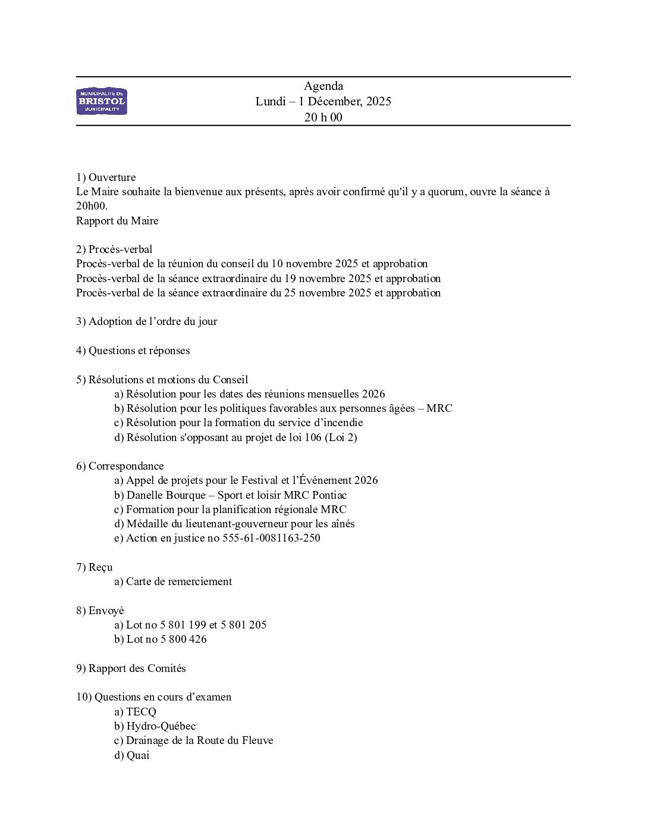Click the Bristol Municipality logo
102,101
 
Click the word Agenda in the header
323,86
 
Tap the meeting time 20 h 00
323,117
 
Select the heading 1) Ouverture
106,177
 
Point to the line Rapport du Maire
117,221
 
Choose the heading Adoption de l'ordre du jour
153,321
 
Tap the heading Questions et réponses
139,351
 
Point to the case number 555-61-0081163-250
271,538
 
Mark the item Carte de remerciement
178,581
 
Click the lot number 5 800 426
183,639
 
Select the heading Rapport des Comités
137,668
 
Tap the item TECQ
141,712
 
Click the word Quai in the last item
138,755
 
